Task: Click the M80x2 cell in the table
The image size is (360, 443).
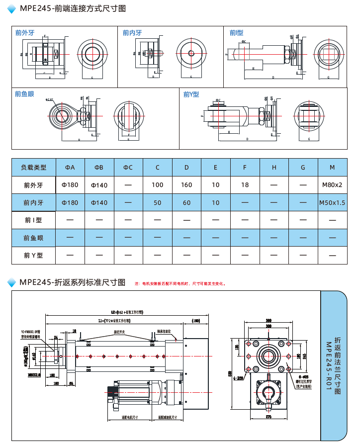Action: tap(332, 185)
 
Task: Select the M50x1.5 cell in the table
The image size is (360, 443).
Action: tap(332, 203)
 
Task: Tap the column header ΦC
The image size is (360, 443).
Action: tap(128, 168)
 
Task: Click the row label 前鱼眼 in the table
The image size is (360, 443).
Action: tap(33, 238)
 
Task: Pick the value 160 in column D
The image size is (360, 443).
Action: tap(186, 185)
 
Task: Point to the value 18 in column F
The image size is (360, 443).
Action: tap(245, 185)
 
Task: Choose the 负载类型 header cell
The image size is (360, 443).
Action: tap(33, 168)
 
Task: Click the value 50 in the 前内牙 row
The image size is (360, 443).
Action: tap(158, 203)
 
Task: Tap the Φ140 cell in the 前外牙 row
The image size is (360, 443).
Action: tap(99, 185)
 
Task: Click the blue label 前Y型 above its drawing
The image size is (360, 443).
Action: tap(191, 94)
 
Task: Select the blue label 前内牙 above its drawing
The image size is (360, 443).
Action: tap(132, 33)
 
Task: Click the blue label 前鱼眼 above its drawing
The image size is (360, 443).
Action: tap(24, 94)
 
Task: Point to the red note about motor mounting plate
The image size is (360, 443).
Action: tap(180, 284)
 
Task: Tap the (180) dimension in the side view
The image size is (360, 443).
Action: tap(195, 321)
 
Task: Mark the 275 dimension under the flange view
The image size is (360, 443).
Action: tap(269, 417)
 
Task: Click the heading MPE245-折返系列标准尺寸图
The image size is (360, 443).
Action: tap(73, 282)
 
